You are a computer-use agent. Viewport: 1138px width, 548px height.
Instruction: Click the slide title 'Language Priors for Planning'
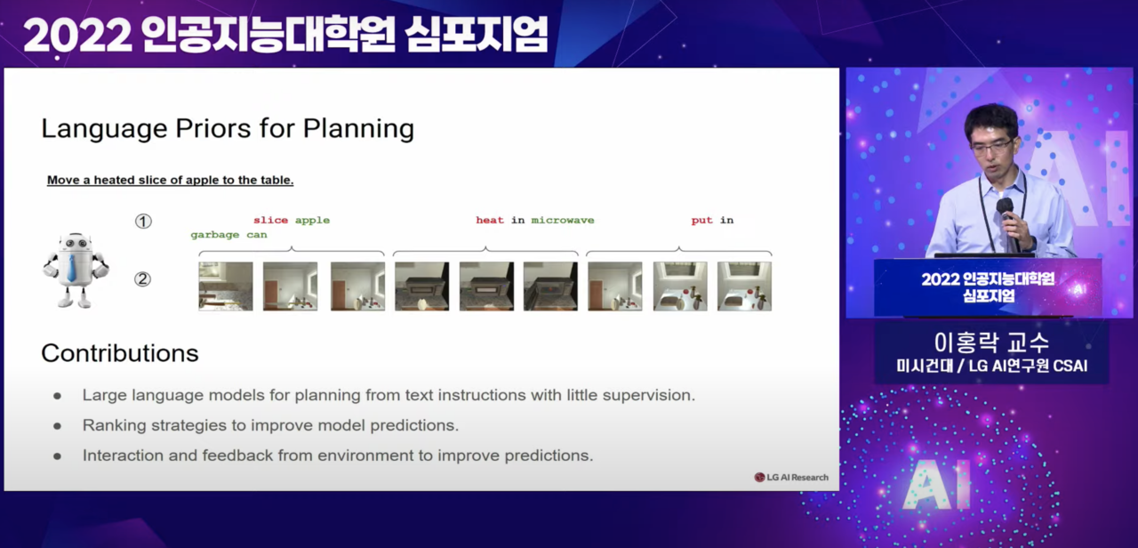[228, 129]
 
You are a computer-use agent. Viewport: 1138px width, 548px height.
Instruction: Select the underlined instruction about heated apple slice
[170, 180]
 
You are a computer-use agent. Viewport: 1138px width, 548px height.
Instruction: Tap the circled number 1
[143, 221]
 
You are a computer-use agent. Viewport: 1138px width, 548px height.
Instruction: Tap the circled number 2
[142, 279]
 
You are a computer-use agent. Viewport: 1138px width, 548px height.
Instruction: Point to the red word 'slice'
[270, 220]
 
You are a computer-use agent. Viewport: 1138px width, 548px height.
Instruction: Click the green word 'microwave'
[563, 220]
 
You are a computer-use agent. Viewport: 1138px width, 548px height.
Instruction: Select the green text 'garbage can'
[228, 235]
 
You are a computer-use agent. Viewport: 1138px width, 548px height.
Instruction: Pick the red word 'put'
[702, 220]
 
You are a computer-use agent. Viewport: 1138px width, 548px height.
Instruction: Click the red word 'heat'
[489, 220]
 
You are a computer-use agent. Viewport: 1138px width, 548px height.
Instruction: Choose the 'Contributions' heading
[120, 353]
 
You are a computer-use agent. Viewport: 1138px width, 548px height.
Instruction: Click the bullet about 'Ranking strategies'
[270, 425]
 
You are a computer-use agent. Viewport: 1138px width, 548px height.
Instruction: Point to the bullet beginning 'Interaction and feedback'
[337, 455]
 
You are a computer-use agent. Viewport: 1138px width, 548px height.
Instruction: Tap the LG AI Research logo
[791, 478]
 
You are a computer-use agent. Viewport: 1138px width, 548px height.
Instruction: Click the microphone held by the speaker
[1006, 210]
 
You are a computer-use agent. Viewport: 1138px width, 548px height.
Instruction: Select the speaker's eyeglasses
[990, 145]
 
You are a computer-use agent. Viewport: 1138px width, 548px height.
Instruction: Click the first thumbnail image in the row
[226, 286]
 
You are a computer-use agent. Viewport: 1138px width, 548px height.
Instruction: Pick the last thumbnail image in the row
[744, 286]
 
